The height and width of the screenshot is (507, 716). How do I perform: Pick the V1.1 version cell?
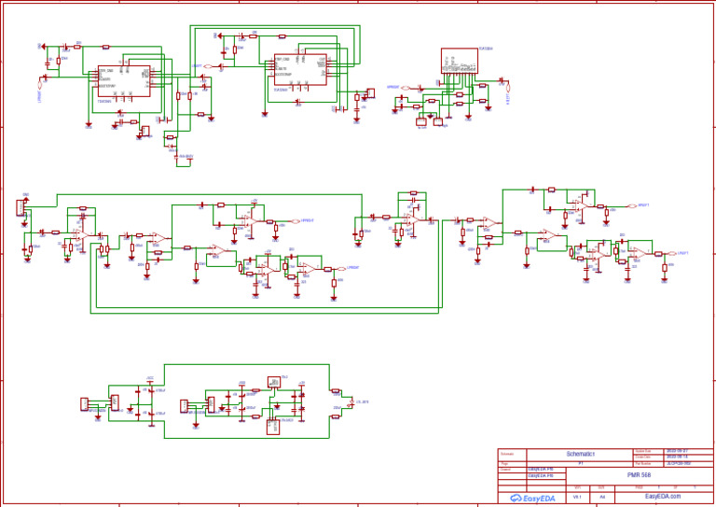point(578,497)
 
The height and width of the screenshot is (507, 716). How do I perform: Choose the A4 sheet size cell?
point(602,497)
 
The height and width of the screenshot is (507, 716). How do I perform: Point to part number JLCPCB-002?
point(678,462)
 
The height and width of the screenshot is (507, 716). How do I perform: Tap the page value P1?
point(581,462)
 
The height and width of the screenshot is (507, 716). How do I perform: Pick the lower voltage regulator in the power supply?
point(273,426)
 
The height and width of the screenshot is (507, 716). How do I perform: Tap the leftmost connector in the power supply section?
point(84,403)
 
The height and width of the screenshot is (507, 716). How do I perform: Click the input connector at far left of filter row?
point(21,208)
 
